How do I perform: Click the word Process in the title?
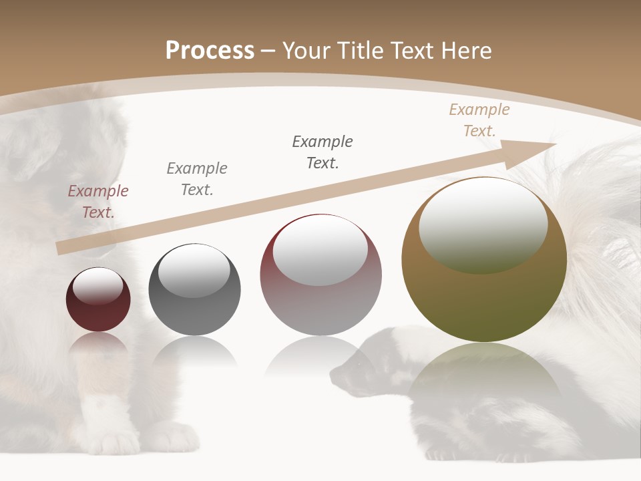(x=210, y=50)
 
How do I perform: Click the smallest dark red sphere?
(x=98, y=300)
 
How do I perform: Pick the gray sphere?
(x=194, y=289)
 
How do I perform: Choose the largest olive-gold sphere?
(x=483, y=259)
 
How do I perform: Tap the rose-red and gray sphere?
(x=320, y=275)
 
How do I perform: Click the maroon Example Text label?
(x=98, y=202)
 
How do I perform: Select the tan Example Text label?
(x=479, y=120)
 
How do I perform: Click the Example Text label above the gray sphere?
(x=197, y=179)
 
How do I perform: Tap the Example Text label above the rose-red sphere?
(x=323, y=152)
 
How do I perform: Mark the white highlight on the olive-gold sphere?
(x=483, y=224)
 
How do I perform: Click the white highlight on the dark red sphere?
(x=98, y=286)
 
